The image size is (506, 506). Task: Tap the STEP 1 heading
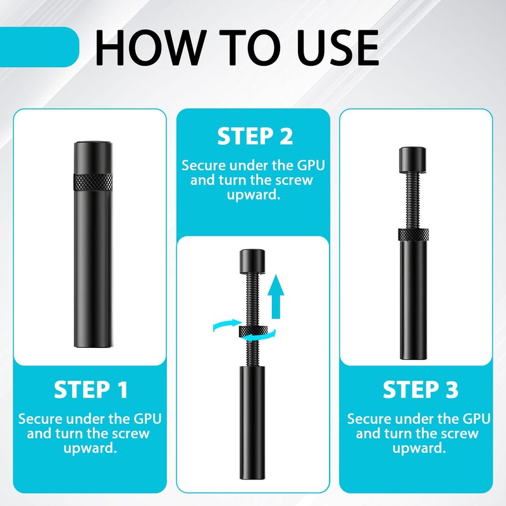coord(90,390)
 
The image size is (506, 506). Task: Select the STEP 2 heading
coord(255,136)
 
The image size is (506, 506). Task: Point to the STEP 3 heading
coord(421,390)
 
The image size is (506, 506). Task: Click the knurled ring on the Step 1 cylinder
coord(93,182)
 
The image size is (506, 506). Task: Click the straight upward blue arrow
coord(276,297)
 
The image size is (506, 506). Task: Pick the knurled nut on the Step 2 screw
coord(254,331)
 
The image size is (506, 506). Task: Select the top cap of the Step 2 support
coord(252,261)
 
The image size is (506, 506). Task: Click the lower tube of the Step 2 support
coord(252,423)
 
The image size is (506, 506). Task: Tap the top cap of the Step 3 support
coord(412,159)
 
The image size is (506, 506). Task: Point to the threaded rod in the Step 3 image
coord(413,201)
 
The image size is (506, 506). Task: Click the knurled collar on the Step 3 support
coord(414,235)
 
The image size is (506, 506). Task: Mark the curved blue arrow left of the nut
coord(227,324)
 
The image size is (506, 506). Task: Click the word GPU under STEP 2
coord(311,165)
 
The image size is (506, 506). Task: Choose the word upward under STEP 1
coord(90,449)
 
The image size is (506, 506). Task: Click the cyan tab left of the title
coord(39,47)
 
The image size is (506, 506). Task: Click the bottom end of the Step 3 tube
coord(414,359)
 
